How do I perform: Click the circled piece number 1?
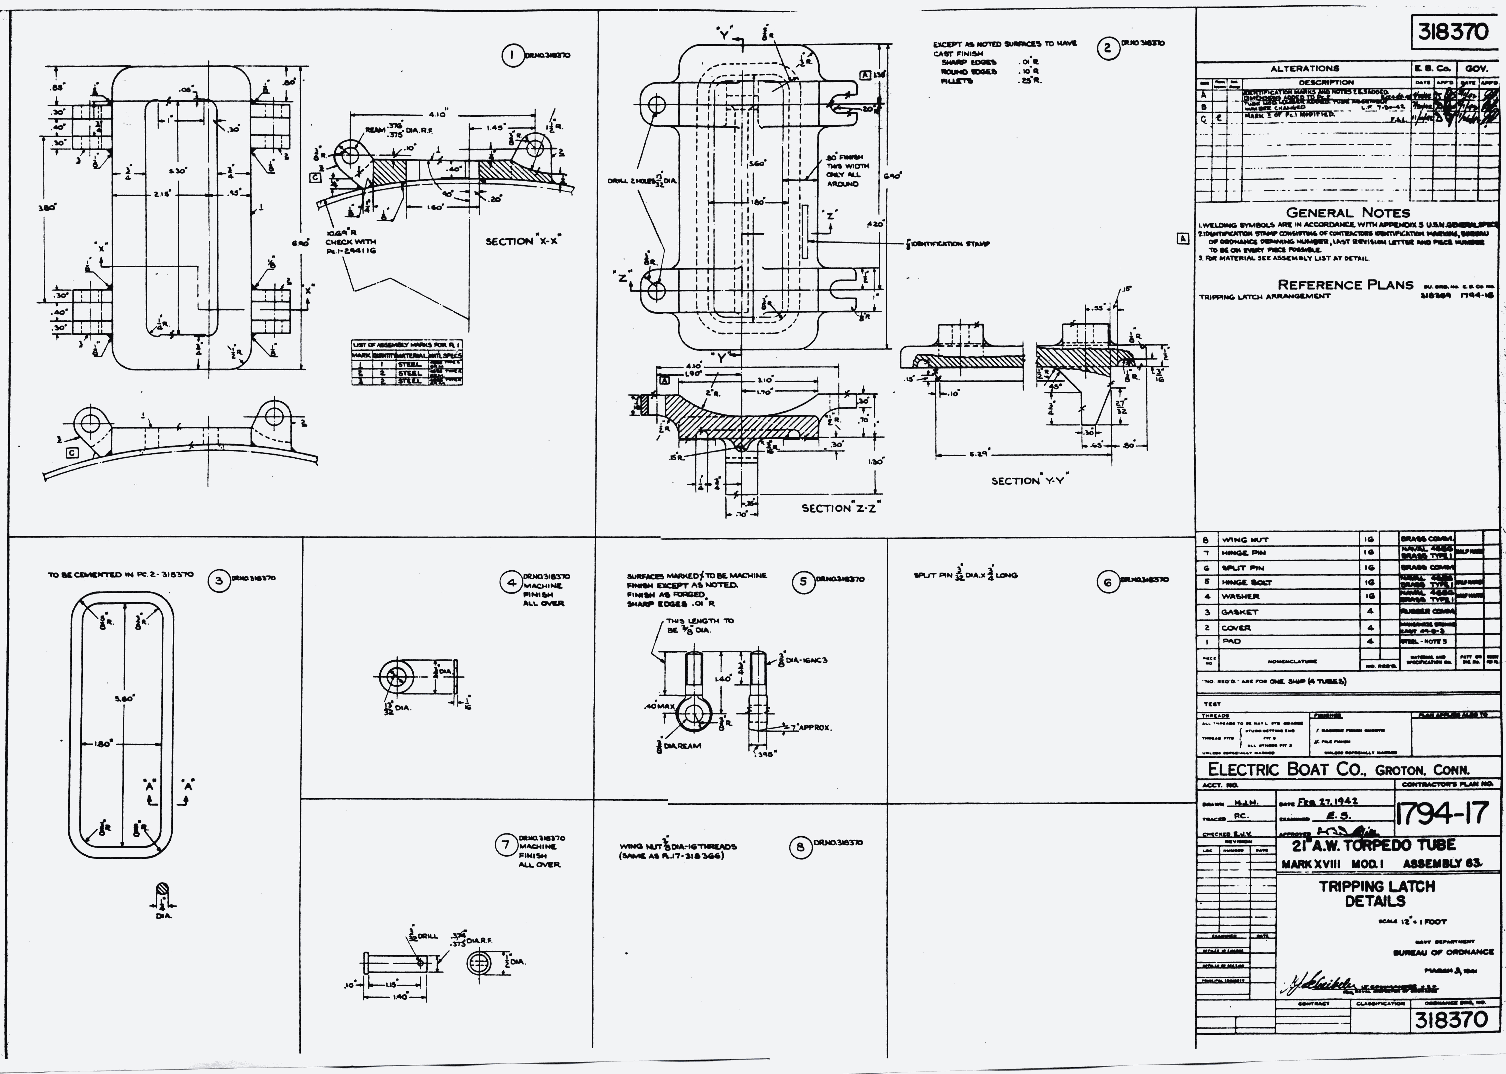[x=511, y=55]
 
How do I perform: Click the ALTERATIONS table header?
[x=1304, y=68]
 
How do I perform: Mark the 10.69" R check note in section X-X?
[x=350, y=242]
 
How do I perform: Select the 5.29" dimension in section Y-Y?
[x=979, y=454]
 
